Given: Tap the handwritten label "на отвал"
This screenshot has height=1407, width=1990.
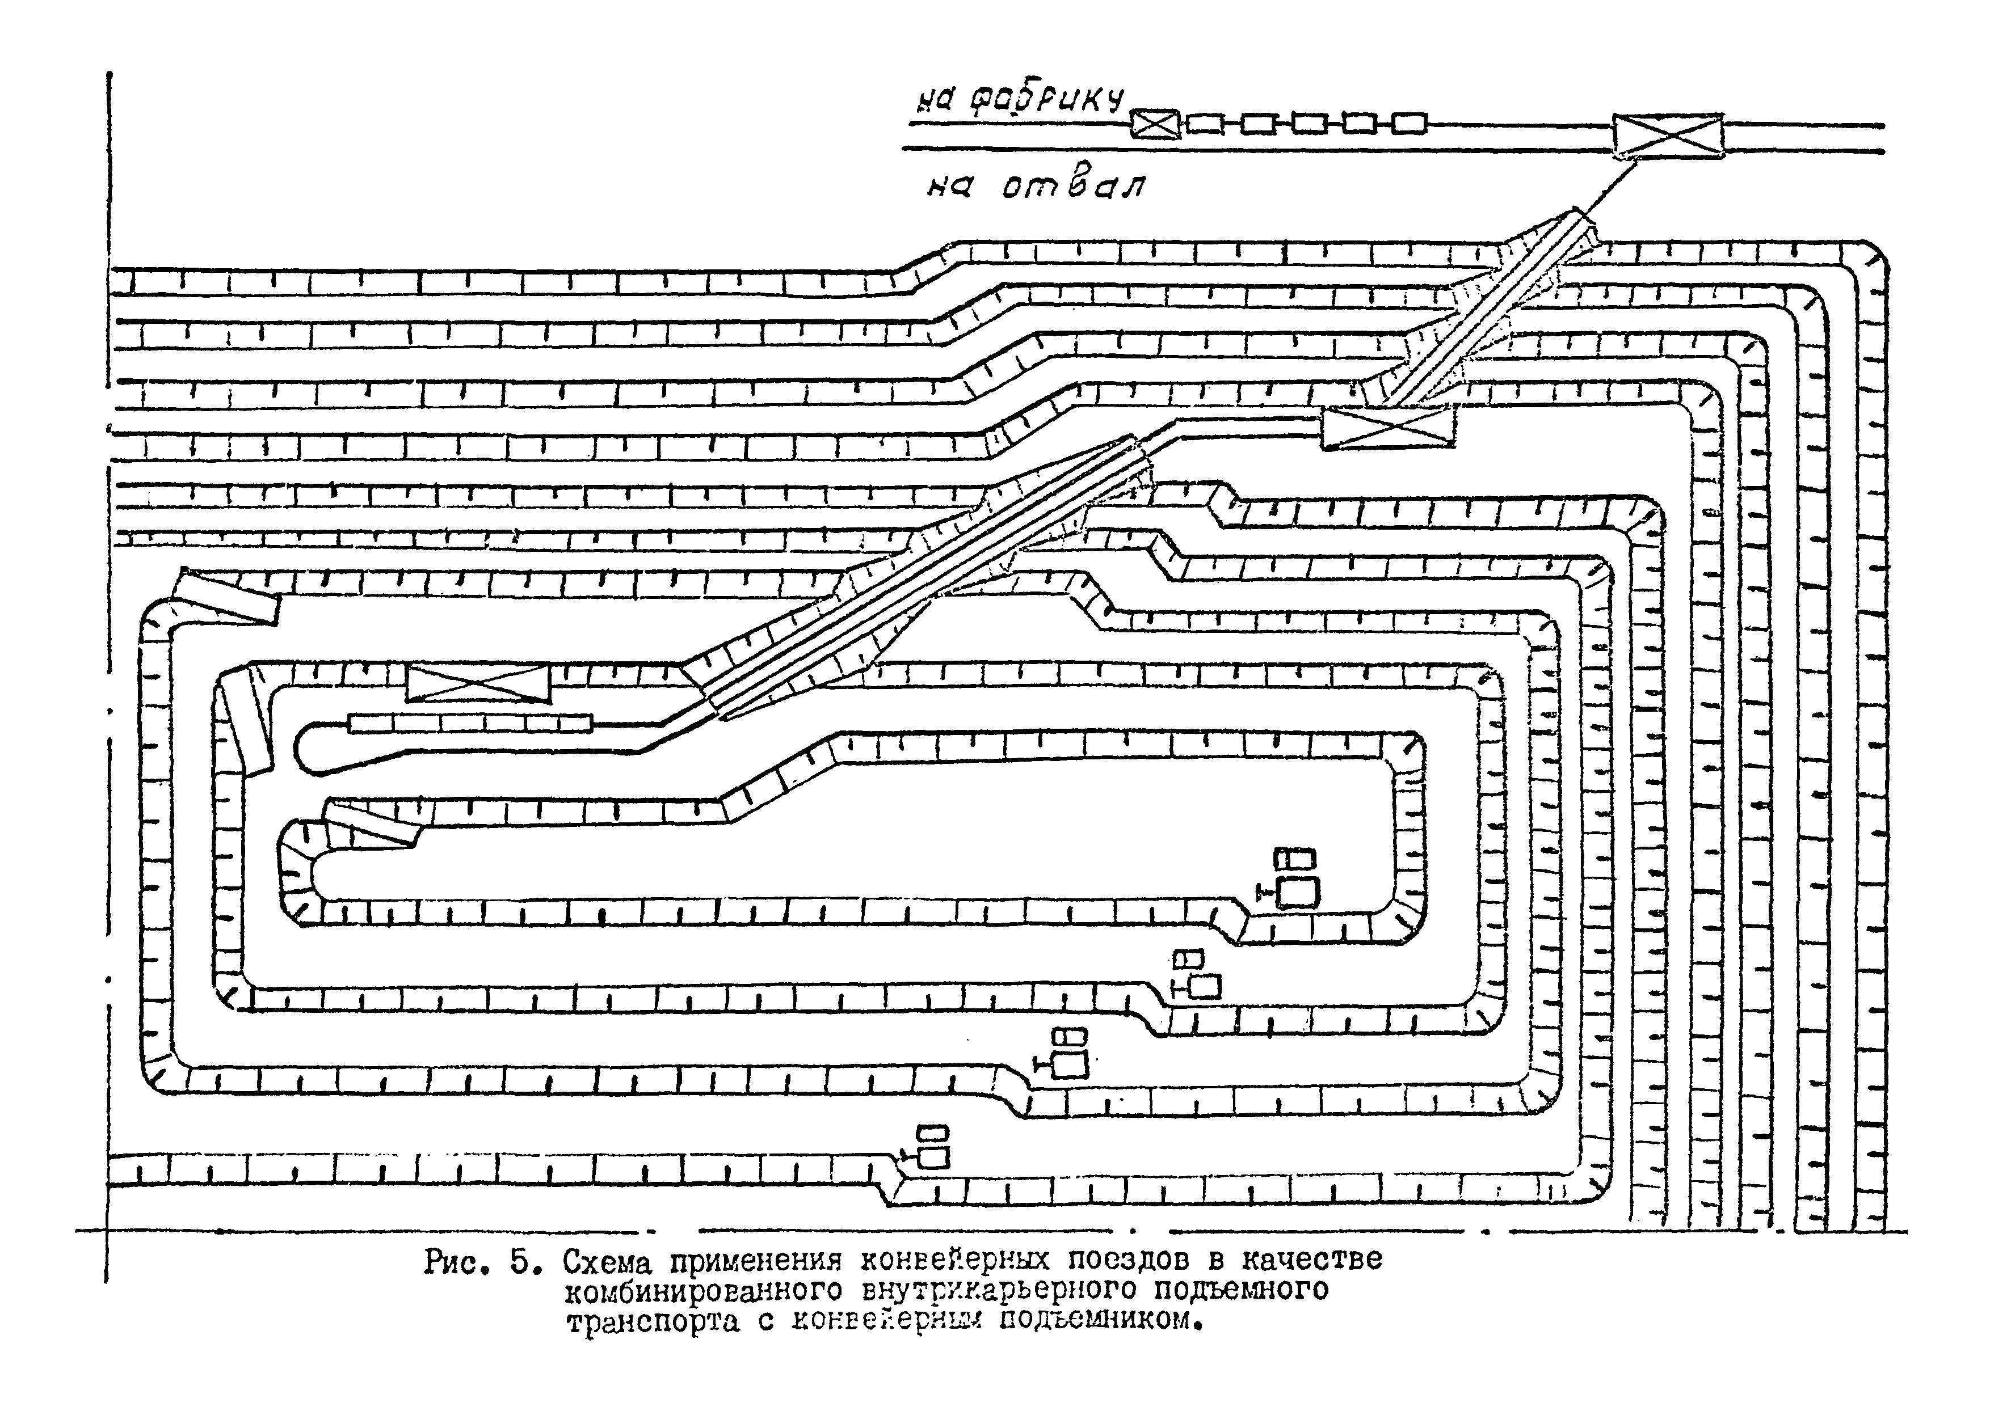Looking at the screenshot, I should [x=1035, y=186].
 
